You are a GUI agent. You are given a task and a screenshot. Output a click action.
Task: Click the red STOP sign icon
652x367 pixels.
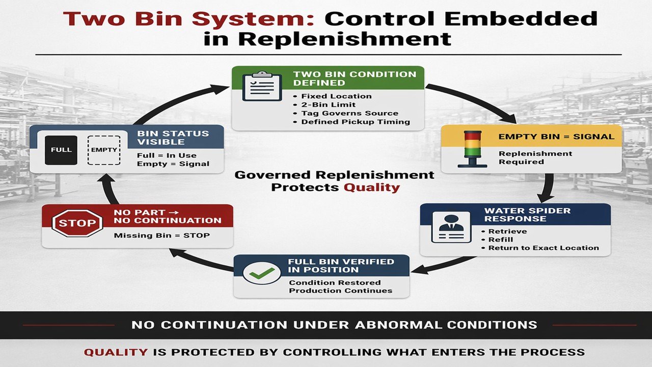(77, 223)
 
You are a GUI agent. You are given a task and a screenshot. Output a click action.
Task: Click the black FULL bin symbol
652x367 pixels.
(61, 150)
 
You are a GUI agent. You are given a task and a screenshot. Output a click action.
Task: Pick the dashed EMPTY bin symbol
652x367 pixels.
(104, 150)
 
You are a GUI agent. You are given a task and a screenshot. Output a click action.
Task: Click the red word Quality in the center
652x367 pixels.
(371, 187)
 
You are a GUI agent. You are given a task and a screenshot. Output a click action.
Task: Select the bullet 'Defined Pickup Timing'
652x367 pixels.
(355, 122)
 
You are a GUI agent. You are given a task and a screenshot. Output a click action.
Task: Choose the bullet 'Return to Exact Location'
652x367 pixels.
(544, 248)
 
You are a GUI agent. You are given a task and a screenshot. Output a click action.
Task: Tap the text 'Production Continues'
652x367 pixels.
(341, 291)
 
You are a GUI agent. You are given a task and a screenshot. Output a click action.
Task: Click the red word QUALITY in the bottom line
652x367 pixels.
(116, 352)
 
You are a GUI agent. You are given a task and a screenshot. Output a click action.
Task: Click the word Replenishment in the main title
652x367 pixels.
(327, 39)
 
